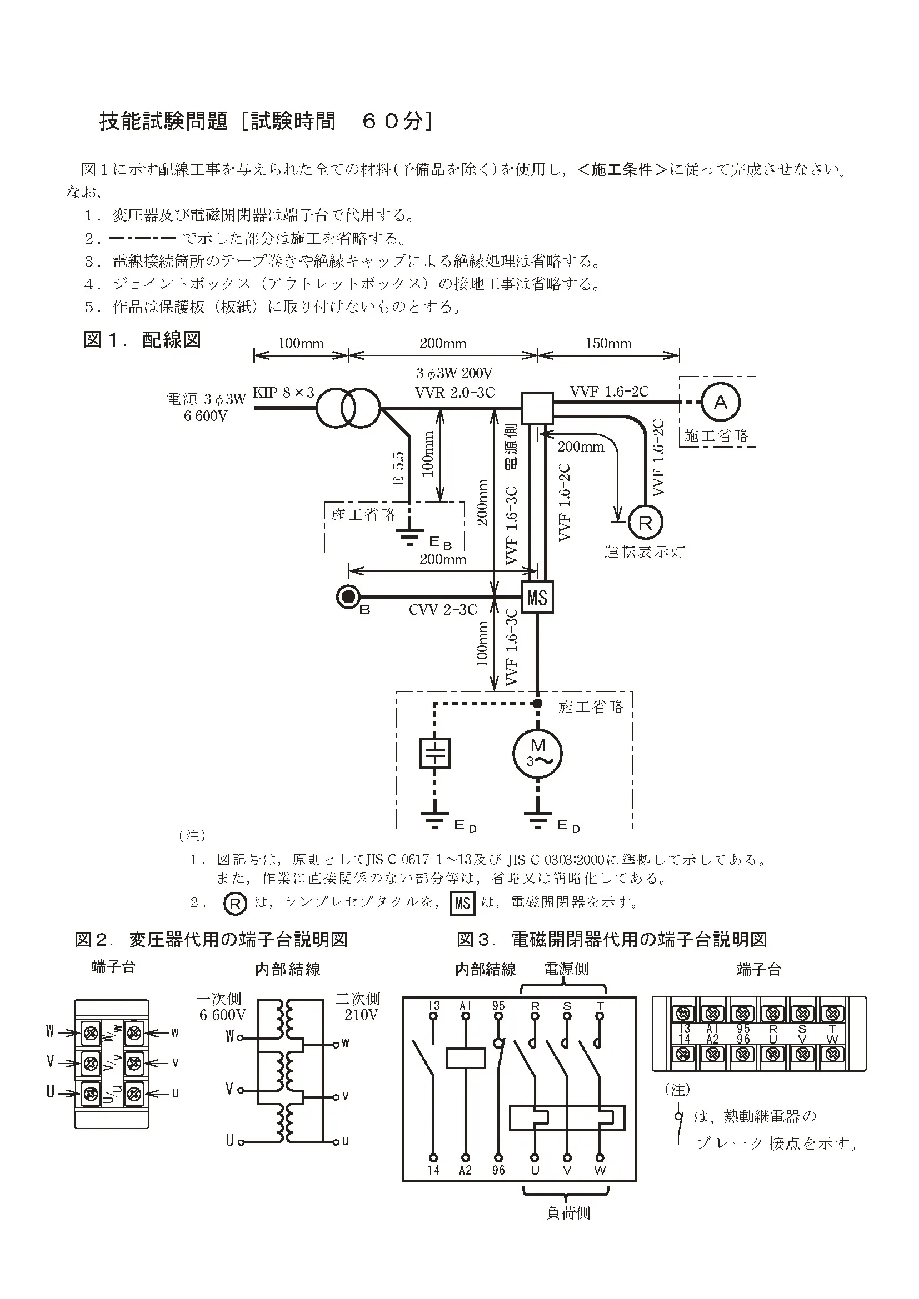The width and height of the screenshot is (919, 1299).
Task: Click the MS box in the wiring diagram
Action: pyautogui.click(x=537, y=598)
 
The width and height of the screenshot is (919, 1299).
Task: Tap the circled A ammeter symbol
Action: pyautogui.click(x=721, y=402)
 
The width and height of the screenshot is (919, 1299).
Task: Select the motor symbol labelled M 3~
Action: pyautogui.click(x=537, y=754)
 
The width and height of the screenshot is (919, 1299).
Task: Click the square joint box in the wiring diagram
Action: pyautogui.click(x=537, y=408)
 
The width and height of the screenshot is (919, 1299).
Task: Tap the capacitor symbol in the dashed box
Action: pyautogui.click(x=434, y=753)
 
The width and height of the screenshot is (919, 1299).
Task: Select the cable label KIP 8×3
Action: pyautogui.click(x=283, y=393)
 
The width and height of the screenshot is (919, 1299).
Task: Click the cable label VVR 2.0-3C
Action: pyautogui.click(x=454, y=392)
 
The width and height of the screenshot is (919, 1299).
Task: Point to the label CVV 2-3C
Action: pyautogui.click(x=442, y=609)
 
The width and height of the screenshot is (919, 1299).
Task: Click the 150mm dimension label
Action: pyautogui.click(x=608, y=343)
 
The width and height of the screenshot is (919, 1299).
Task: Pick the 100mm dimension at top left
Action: pyautogui.click(x=301, y=343)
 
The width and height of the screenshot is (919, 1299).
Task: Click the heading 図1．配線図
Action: pyautogui.click(x=142, y=339)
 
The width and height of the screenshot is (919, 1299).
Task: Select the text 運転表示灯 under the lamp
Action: pyautogui.click(x=645, y=551)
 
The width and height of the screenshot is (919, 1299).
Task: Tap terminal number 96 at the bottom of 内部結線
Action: pyautogui.click(x=498, y=1170)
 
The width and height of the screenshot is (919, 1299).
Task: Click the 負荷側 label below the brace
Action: pyautogui.click(x=568, y=1213)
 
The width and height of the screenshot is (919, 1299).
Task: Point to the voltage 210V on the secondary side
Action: pyautogui.click(x=361, y=1015)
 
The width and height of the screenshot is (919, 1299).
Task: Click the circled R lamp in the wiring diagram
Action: pyautogui.click(x=645, y=523)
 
